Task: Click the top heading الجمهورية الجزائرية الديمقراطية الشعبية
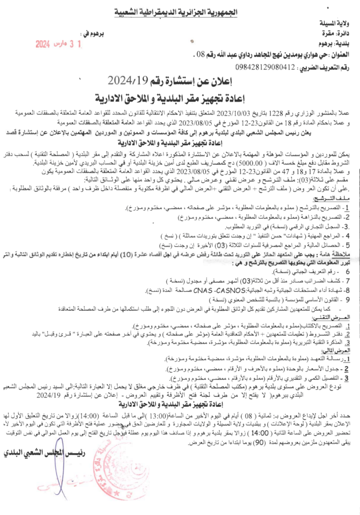point(180,11)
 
